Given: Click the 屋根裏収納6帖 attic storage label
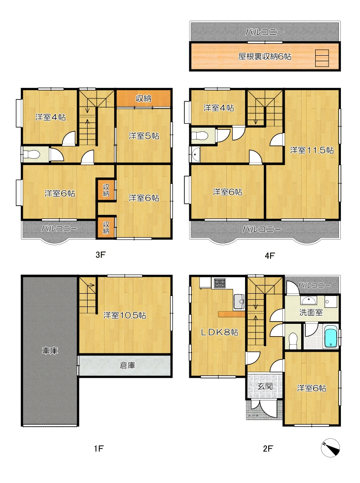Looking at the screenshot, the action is [265, 57].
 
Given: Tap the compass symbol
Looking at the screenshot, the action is [330, 447].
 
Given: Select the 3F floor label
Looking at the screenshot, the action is [100, 255].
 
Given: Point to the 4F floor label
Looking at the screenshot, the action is [270, 255].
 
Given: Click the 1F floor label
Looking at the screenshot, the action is [99, 448].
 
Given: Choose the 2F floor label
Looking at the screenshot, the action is [268, 448].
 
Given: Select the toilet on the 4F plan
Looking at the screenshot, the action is [200, 136].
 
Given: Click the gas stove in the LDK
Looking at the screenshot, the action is [220, 283].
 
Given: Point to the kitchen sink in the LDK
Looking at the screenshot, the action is [239, 301].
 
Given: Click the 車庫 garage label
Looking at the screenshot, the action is [50, 351].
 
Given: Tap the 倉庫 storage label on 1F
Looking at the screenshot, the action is [127, 365].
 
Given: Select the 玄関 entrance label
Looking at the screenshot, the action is [265, 386].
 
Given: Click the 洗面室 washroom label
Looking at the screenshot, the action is [311, 312].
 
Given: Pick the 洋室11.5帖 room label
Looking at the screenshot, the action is [312, 150].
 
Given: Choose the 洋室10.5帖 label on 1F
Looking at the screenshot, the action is [125, 315].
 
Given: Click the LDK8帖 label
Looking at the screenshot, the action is [219, 332].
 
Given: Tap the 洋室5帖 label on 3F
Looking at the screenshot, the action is [144, 136].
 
